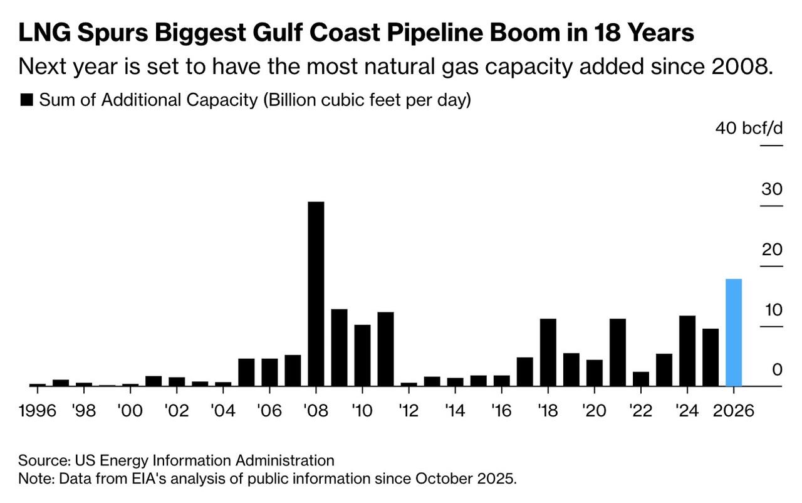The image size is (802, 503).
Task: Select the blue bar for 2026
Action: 734,332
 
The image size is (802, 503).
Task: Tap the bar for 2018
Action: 548,352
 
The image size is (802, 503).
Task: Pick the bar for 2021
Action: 618,352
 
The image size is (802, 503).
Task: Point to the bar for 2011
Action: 385,349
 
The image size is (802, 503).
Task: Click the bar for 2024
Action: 687,351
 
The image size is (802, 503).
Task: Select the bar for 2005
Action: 246,373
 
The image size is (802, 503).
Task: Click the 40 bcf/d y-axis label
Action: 749,129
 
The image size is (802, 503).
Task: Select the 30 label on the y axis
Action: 772,189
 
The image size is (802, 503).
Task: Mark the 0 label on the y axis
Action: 777,370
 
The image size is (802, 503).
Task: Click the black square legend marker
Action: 27,100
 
